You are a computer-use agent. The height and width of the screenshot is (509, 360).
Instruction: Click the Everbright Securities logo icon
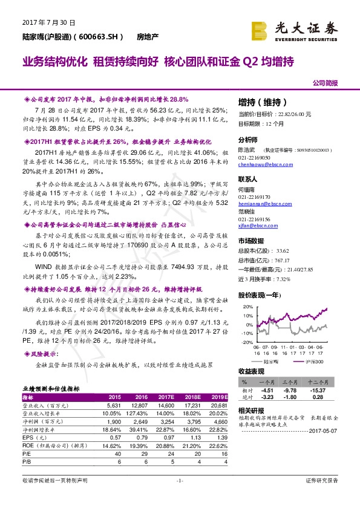(x=262, y=29)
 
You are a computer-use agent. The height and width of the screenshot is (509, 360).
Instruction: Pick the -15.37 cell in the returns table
(x=330, y=390)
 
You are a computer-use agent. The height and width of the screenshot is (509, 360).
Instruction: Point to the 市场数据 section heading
(x=254, y=240)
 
